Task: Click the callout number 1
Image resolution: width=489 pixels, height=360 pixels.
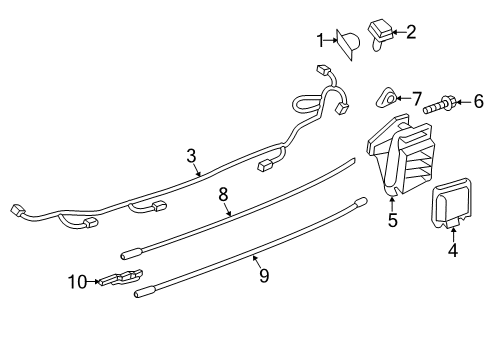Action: click(x=320, y=40)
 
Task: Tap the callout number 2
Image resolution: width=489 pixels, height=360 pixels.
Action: click(x=410, y=32)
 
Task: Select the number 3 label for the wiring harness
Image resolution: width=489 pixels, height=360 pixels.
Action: click(x=191, y=156)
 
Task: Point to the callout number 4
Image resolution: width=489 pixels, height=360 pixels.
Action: click(x=453, y=250)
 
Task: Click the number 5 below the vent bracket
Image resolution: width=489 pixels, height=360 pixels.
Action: click(x=393, y=220)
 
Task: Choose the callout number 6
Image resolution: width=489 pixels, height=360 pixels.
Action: click(x=479, y=101)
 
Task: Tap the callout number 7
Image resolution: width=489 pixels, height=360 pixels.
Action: click(x=417, y=99)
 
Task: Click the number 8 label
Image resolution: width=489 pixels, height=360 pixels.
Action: click(x=223, y=194)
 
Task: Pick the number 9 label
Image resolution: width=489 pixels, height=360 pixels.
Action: click(x=264, y=276)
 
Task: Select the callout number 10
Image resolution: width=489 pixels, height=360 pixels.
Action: click(x=78, y=282)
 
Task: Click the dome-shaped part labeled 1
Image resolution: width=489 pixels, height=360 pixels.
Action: click(x=349, y=45)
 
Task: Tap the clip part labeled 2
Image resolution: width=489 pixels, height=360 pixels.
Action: click(x=380, y=35)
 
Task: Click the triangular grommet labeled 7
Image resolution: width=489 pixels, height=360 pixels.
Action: click(x=386, y=97)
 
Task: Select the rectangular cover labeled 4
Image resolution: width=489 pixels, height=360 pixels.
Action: click(x=452, y=204)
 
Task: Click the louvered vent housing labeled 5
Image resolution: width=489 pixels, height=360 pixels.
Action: click(x=400, y=155)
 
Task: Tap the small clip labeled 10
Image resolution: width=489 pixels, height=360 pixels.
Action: click(x=121, y=277)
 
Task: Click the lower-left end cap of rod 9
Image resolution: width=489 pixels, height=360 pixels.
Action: click(x=144, y=291)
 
